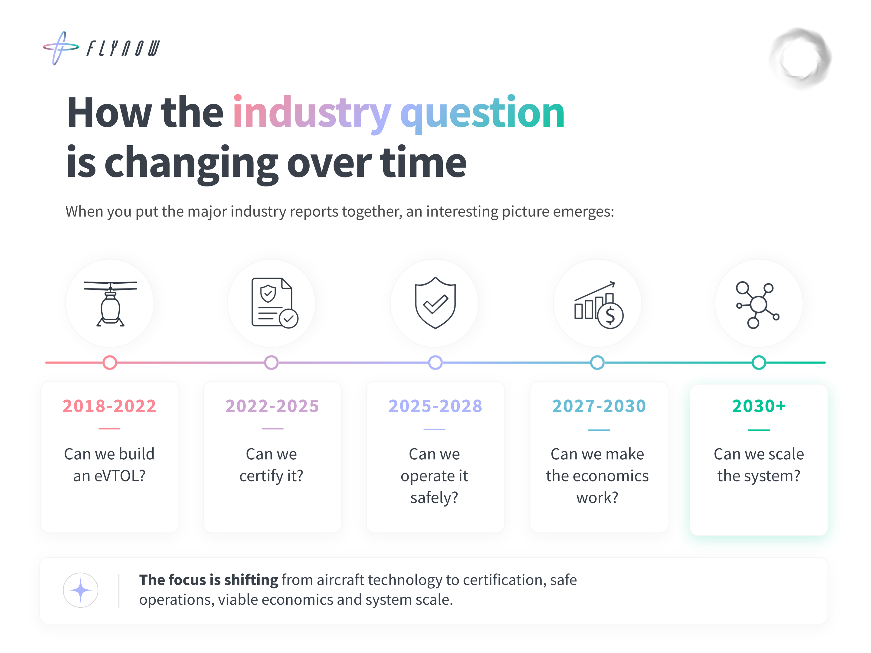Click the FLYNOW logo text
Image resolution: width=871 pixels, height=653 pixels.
[123, 48]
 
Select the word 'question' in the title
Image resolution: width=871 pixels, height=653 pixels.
[482, 114]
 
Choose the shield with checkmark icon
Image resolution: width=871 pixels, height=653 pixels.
[435, 303]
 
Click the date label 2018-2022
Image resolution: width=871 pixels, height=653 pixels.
[109, 406]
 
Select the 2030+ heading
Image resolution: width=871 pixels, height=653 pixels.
[759, 406]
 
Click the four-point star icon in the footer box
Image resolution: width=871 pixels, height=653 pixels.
[81, 590]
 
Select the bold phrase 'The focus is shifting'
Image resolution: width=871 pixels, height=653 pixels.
[209, 580]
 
